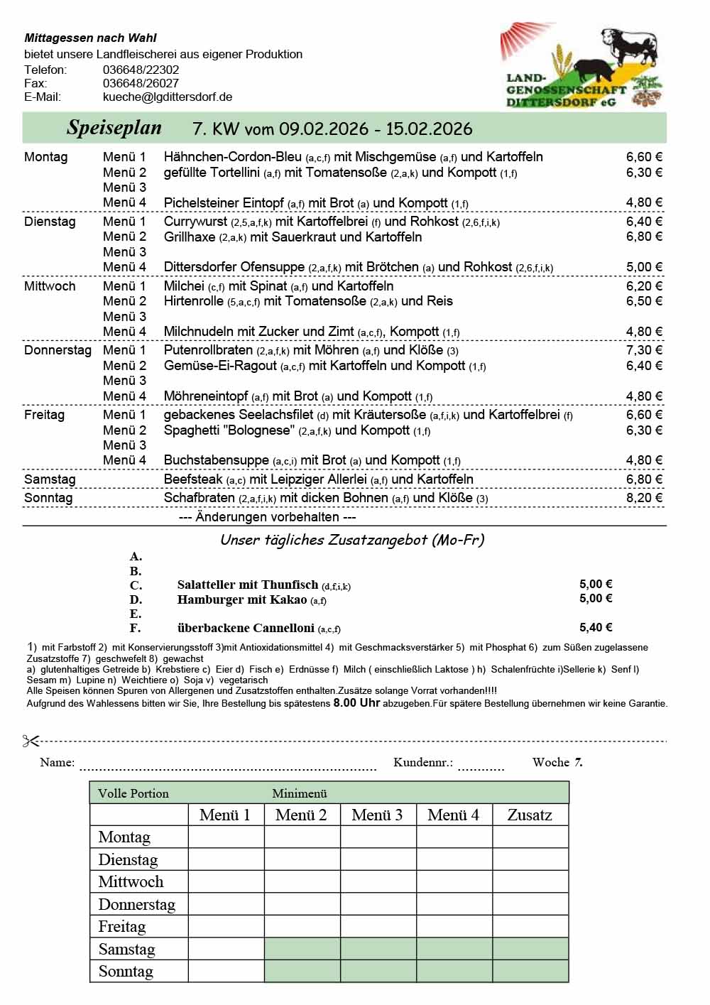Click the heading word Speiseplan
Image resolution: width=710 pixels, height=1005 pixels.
[x=114, y=128]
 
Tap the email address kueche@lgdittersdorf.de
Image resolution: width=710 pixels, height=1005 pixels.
[x=168, y=97]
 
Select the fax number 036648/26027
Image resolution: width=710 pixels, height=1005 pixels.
[x=141, y=83]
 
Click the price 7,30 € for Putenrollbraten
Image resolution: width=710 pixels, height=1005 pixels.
[x=644, y=350]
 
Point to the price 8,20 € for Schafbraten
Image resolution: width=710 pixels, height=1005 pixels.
[x=644, y=498]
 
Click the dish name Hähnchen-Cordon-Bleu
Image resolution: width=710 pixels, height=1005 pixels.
[x=233, y=157]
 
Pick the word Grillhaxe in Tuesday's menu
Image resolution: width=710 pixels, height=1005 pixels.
[x=190, y=237]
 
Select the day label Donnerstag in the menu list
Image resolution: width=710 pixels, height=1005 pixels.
[x=58, y=350]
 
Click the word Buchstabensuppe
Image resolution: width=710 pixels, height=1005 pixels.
[x=216, y=460]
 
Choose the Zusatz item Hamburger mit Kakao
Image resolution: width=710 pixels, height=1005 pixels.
[x=242, y=599]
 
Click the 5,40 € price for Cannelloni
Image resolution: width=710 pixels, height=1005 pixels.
[x=596, y=627]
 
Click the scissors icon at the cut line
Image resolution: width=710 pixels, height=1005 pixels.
[x=31, y=741]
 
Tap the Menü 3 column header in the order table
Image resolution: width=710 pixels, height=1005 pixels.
[x=377, y=815]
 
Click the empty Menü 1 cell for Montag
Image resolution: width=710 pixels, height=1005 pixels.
[x=226, y=837]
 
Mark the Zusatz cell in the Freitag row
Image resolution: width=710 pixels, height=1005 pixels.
[x=530, y=926]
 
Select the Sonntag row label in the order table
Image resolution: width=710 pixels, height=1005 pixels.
[x=126, y=971]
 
